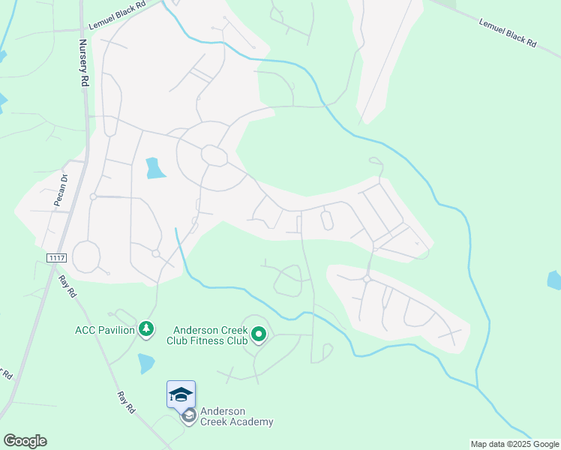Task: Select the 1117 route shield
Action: pos(55,258)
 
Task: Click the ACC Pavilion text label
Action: pos(104,329)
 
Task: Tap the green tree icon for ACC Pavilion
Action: pos(147,329)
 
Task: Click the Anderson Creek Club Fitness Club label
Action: pos(210,335)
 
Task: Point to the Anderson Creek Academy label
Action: pos(236,416)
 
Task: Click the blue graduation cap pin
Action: pos(181,394)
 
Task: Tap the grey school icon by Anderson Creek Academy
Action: pos(188,415)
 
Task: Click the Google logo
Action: pos(25,441)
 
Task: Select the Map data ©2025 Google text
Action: pos(514,444)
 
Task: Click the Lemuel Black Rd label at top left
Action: pos(125,15)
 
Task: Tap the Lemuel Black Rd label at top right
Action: pos(508,32)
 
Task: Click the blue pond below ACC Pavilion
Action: pos(146,364)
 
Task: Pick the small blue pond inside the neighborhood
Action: pos(155,168)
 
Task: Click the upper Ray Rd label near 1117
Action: pos(68,286)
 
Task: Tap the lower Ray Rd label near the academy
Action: pos(125,402)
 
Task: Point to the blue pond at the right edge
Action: pos(554,280)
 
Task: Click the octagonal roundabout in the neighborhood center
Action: pos(214,156)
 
